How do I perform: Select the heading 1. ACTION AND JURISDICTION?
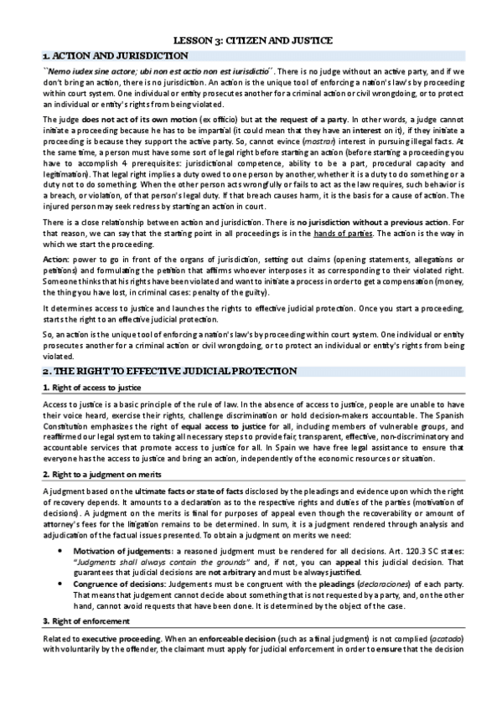(116, 55)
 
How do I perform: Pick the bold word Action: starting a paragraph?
(56, 285)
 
